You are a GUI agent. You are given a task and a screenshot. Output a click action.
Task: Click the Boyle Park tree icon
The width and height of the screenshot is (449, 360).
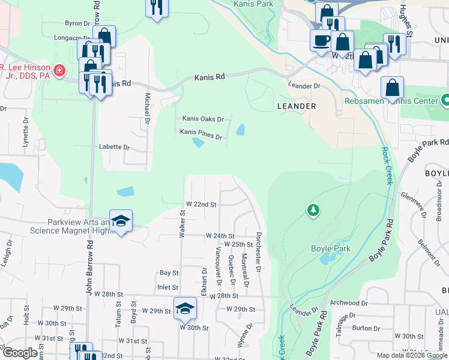(x=313, y=210)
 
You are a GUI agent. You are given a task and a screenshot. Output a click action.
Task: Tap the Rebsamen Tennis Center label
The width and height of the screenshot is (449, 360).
(x=391, y=101)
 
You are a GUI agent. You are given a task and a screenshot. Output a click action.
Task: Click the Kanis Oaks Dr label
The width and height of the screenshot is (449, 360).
(x=203, y=119)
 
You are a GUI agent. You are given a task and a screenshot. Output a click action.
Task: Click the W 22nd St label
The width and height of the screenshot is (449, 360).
(x=200, y=204)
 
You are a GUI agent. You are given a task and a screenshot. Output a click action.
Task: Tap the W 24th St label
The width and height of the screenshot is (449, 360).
(x=220, y=236)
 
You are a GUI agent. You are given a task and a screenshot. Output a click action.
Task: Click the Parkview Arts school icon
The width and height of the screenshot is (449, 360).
(x=121, y=220)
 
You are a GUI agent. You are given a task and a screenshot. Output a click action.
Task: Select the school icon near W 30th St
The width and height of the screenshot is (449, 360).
(x=185, y=308)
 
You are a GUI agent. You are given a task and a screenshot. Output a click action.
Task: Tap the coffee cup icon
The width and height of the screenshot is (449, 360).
(x=320, y=40)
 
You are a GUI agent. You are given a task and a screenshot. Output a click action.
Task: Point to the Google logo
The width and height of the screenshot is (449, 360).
(x=20, y=353)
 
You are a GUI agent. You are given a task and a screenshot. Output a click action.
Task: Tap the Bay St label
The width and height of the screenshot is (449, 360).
(x=169, y=272)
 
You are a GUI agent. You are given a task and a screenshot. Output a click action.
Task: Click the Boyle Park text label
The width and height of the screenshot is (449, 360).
(x=327, y=248)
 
